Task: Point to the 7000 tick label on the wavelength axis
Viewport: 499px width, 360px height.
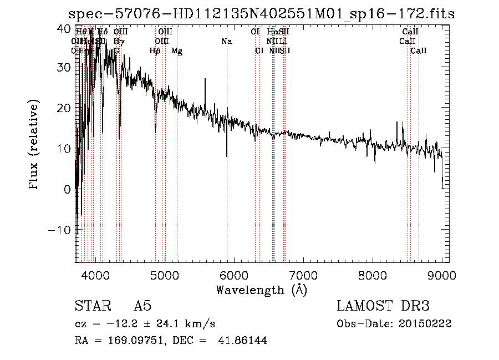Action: coord(303,275)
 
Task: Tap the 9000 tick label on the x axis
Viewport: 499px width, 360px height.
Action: coord(441,275)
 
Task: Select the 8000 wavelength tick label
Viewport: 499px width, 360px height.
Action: coord(372,275)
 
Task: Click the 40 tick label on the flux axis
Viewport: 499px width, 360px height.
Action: coord(64,28)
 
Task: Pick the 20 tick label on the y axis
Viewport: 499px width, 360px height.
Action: coord(64,108)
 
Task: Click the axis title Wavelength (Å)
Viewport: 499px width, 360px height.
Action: coord(261,290)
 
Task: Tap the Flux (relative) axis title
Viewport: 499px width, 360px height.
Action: coord(34,145)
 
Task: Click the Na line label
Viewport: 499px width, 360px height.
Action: coord(226,42)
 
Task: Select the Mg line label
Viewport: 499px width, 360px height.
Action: coord(176,51)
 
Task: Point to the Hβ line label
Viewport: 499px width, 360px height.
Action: coord(155,51)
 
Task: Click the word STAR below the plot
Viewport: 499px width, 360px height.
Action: coord(92,306)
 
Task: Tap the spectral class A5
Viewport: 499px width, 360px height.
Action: coord(142,306)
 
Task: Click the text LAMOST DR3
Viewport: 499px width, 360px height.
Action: coord(383,306)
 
